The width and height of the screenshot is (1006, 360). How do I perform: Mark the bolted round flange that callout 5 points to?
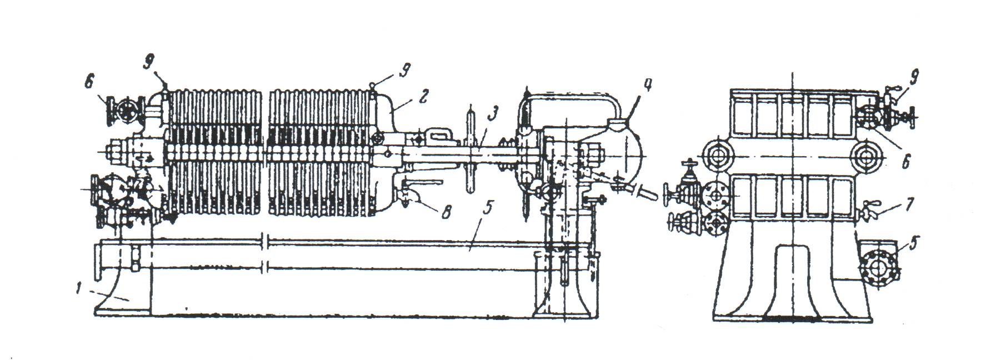pos(878,271)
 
